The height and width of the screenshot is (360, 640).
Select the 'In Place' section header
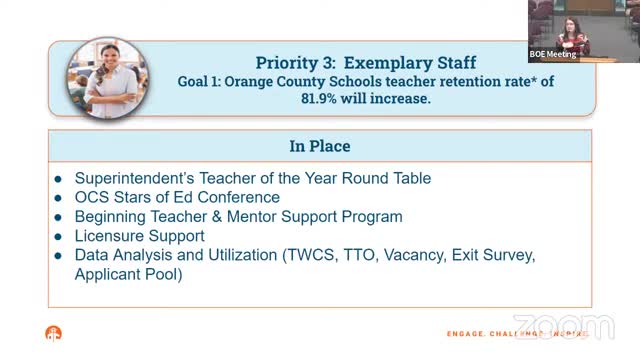point(320,146)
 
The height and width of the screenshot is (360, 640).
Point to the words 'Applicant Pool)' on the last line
point(129,273)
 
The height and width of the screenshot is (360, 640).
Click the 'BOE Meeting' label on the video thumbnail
point(553,55)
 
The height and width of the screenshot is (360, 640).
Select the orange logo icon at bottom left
point(53,334)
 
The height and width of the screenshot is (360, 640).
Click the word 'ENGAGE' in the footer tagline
point(467,334)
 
